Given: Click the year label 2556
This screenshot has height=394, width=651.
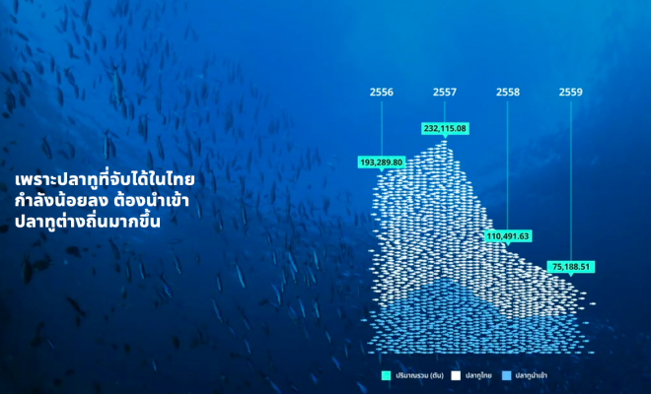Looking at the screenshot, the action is coord(381,92).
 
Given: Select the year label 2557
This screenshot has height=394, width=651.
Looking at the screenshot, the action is coord(444,92).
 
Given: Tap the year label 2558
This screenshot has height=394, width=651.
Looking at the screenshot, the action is coord(507,92).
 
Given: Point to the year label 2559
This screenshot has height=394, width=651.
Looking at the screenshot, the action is coord(570,92).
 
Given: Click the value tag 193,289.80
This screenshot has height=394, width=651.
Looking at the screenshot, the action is coord(381,163).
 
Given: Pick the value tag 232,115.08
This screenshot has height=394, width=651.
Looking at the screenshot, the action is coord(445,129).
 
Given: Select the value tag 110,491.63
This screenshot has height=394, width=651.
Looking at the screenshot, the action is coord(508,236).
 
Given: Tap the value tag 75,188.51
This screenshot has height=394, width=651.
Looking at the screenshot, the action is coord(570,267).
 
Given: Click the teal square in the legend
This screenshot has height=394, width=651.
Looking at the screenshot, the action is coord(386,375).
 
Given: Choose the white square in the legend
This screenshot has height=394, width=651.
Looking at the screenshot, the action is coord(456,375).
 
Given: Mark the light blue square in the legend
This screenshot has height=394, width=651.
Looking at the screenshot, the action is coord(507,375).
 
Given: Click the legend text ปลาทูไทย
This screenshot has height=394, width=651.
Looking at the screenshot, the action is coord(478,375).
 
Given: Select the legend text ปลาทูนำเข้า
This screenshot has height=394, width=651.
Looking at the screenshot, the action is coord(532,375).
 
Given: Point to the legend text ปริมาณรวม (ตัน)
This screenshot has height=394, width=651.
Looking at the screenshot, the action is coord(420,375).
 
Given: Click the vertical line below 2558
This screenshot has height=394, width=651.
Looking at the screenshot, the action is coord(507,165).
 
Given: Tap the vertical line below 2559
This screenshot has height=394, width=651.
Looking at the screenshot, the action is coord(571,181).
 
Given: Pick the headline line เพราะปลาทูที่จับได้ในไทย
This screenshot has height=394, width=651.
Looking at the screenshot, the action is coord(105,179).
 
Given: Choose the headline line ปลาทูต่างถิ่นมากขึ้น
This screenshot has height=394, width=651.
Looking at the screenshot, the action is coord(88,221).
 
